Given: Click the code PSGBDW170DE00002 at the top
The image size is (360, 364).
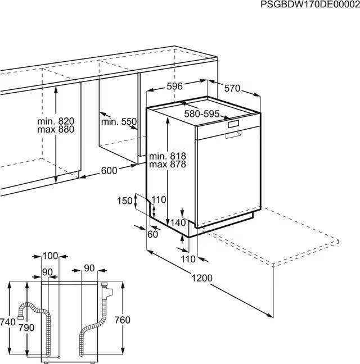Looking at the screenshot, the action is pyautogui.click(x=310, y=4).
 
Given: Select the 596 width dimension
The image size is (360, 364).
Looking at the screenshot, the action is pyautogui.click(x=175, y=87).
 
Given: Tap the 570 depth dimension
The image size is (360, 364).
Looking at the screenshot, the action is pyautogui.click(x=232, y=88).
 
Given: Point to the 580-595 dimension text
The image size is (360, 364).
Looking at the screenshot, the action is pyautogui.click(x=202, y=114).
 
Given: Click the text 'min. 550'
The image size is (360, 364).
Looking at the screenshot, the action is pyautogui.click(x=119, y=122).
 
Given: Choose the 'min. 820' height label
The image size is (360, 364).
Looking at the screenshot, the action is pyautogui.click(x=56, y=121).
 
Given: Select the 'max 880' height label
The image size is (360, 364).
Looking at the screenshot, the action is pyautogui.click(x=56, y=129).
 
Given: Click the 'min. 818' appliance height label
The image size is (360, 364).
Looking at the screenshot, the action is pyautogui.click(x=168, y=156).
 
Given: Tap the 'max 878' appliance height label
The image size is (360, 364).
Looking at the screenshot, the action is pyautogui.click(x=168, y=165).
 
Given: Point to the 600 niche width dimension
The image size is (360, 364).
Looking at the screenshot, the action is pyautogui.click(x=109, y=171).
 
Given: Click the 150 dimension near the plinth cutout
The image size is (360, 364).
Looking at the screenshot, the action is pyautogui.click(x=124, y=201).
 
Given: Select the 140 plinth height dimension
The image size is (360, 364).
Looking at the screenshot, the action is pyautogui.click(x=178, y=223).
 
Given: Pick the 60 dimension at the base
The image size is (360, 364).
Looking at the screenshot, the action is pyautogui.click(x=152, y=234).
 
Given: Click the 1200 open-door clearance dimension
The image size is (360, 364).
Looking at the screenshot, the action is pyautogui.click(x=202, y=278).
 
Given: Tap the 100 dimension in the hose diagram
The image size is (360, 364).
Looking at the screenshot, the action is pyautogui.click(x=50, y=256).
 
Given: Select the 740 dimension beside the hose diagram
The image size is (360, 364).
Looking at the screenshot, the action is pyautogui.click(x=8, y=322).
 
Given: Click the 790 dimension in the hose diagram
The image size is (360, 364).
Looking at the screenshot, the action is pyautogui.click(x=26, y=328).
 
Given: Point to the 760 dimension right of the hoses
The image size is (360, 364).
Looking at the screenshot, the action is pyautogui.click(x=122, y=320).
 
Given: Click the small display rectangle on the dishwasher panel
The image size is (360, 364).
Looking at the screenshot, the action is pyautogui.click(x=233, y=124).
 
